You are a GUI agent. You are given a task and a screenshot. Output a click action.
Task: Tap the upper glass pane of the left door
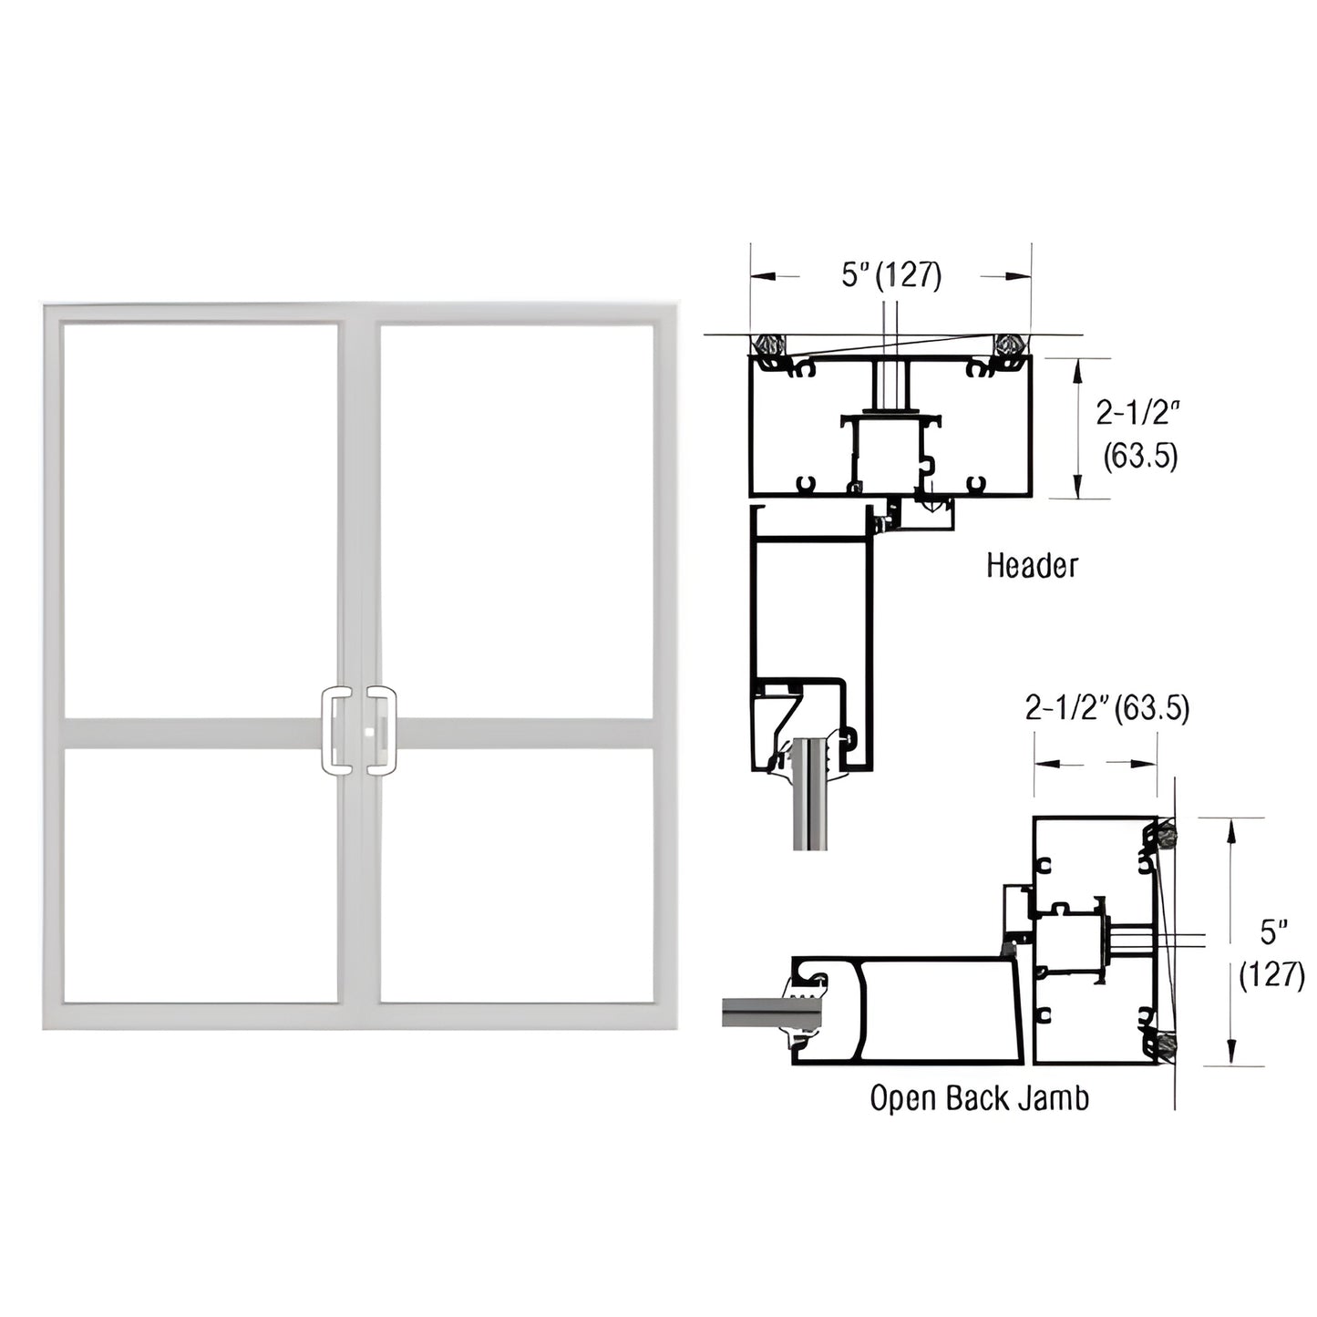point(200,520)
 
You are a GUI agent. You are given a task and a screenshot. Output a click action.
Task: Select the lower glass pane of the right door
point(516,875)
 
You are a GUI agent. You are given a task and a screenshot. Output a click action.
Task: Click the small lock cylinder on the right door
point(368,732)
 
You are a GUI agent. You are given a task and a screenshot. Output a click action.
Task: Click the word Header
point(1031,566)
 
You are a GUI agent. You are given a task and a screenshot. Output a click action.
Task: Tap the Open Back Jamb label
point(979,1098)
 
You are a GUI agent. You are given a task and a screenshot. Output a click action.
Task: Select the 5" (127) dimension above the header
point(890,274)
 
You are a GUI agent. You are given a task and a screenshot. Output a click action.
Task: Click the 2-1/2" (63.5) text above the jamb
point(1106,707)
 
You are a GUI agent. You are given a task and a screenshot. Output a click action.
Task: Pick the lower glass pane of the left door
point(200,875)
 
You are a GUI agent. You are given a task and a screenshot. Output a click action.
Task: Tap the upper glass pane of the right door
point(516,520)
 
